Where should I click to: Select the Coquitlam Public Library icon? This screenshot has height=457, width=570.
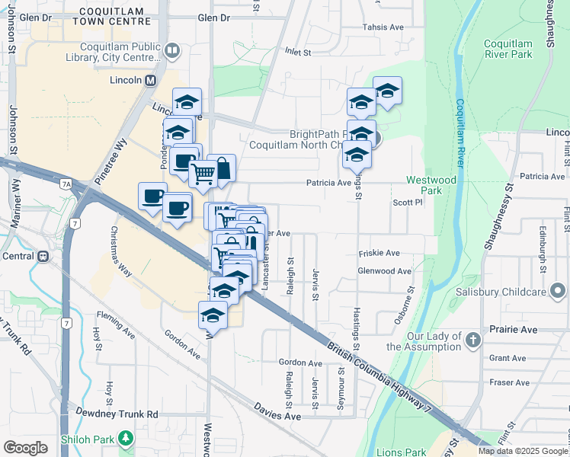pyautogui.click(x=171, y=51)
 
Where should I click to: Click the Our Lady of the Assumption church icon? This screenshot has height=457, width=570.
pyautogui.click(x=473, y=339)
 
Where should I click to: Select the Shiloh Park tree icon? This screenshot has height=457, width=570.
pyautogui.click(x=126, y=439)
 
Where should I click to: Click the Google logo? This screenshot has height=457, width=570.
pyautogui.click(x=25, y=448)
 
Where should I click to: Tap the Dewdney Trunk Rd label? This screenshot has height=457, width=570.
pyautogui.click(x=117, y=414)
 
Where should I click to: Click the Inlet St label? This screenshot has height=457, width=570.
pyautogui.click(x=299, y=53)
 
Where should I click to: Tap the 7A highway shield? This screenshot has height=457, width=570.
pyautogui.click(x=66, y=184)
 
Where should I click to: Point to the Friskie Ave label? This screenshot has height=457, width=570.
pyautogui.click(x=379, y=253)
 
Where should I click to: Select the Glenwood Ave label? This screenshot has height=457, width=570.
pyautogui.click(x=385, y=270)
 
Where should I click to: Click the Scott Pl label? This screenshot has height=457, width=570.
pyautogui.click(x=407, y=203)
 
